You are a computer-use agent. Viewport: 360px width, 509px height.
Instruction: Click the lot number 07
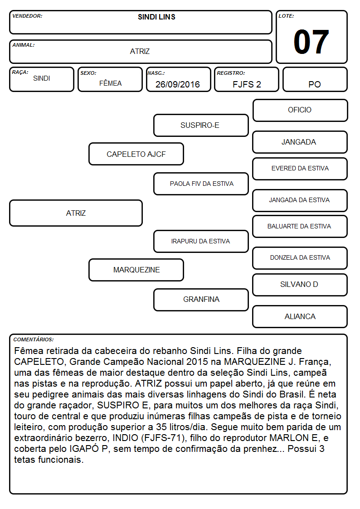pos(311,42)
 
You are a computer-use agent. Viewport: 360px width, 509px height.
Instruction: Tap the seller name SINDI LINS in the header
pos(156,17)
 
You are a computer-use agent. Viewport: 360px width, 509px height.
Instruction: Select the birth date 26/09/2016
pos(178,84)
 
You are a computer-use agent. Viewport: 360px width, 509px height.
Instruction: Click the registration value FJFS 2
pos(247,84)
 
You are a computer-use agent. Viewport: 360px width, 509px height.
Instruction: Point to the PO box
pos(315,79)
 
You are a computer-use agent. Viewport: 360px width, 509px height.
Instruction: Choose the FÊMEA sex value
pos(110,83)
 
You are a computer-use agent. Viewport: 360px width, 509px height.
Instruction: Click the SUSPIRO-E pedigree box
pos(201,125)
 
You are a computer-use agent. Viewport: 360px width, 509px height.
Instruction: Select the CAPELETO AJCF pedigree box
pos(136,154)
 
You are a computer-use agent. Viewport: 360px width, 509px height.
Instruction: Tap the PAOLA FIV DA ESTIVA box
pos(201,184)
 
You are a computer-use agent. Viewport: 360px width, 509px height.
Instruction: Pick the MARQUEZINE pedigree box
pos(136,270)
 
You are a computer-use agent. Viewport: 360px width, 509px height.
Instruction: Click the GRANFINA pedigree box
pos(201,300)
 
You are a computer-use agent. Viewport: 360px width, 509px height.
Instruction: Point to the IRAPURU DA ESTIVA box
pos(201,241)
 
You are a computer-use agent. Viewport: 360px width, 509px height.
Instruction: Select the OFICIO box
pos(300,111)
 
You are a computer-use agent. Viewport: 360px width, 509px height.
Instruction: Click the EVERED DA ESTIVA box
pos(300,169)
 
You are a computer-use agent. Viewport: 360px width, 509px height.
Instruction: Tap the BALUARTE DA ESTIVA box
pos(300,227)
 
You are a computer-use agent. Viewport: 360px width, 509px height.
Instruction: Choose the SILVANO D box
pos(300,285)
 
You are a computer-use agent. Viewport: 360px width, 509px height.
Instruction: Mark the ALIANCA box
pos(300,316)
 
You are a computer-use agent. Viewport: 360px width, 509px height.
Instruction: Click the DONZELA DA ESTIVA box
pos(300,258)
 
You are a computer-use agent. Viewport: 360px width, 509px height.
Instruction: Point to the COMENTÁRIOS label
pos(34,339)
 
